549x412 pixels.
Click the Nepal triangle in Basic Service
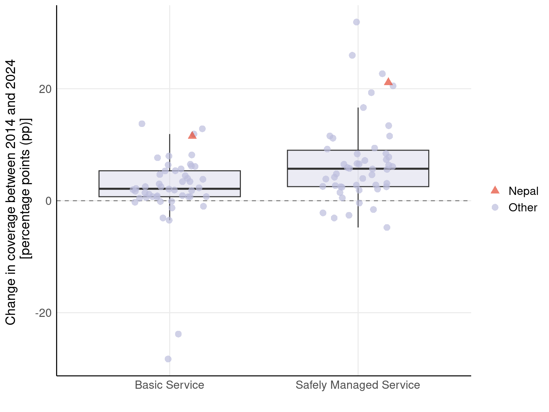coord(192,135)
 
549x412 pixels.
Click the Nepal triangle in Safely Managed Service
coord(388,82)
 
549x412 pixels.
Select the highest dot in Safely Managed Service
coord(356,22)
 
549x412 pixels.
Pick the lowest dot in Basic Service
coord(168,359)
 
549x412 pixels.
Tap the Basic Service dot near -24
coord(178,334)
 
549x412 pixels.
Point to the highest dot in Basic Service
coord(142,124)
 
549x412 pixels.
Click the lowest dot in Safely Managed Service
coord(387,227)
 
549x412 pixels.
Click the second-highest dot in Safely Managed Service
coord(352,55)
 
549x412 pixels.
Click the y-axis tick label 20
coord(45,89)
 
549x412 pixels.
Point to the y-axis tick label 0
coord(49,201)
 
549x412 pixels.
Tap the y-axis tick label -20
coord(43,313)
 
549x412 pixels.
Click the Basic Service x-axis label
coord(169,385)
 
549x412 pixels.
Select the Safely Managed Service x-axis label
coord(358,385)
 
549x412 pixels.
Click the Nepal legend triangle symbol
coord(495,190)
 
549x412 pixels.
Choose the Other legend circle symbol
coord(495,207)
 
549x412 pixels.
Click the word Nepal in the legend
coord(523,191)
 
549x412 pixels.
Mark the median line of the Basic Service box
coord(169,188)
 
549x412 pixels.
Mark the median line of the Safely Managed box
coord(358,168)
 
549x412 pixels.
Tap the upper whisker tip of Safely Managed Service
coord(358,108)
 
